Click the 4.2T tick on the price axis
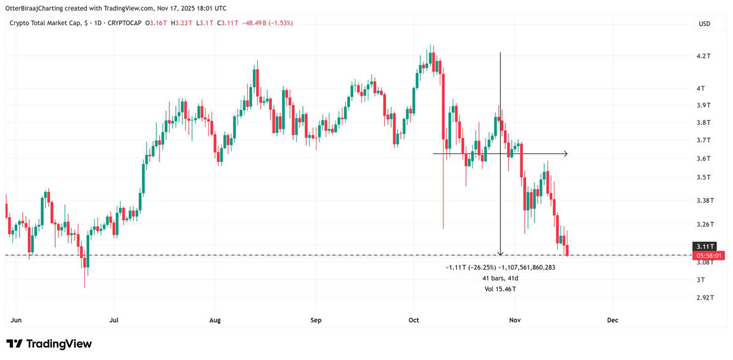pos(704,56)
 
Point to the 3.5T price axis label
pos(704,177)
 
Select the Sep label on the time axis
pos(316,320)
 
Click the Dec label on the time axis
pos(613,320)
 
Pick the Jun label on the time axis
pos(17,320)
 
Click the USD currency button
pos(704,24)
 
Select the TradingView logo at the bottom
pos(49,344)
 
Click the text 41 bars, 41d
pos(500,278)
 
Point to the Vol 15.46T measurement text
pos(500,288)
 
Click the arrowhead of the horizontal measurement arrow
pos(566,153)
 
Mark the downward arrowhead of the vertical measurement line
pos(501,253)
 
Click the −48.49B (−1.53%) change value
pos(268,23)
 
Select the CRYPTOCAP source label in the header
pos(122,23)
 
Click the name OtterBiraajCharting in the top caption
pos(40,9)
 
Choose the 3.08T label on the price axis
pos(704,262)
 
